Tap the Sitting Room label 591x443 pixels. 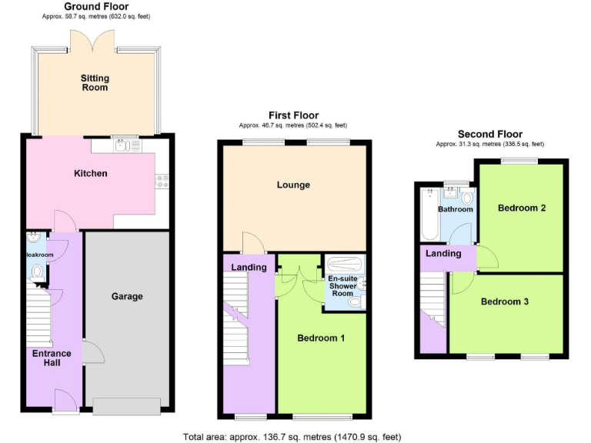[x=95, y=83]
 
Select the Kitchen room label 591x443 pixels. [x=90, y=173]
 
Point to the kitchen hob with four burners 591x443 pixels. [x=162, y=181]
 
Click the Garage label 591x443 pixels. [x=127, y=296]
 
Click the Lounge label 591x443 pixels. [x=293, y=185]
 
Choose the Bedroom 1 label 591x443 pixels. [x=321, y=338]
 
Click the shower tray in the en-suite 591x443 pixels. [x=343, y=262]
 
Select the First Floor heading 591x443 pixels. [x=293, y=115]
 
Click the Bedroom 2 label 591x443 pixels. [x=521, y=208]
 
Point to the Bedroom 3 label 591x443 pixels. [x=504, y=301]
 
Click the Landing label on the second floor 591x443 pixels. [x=443, y=253]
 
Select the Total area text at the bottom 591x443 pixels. [x=292, y=437]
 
